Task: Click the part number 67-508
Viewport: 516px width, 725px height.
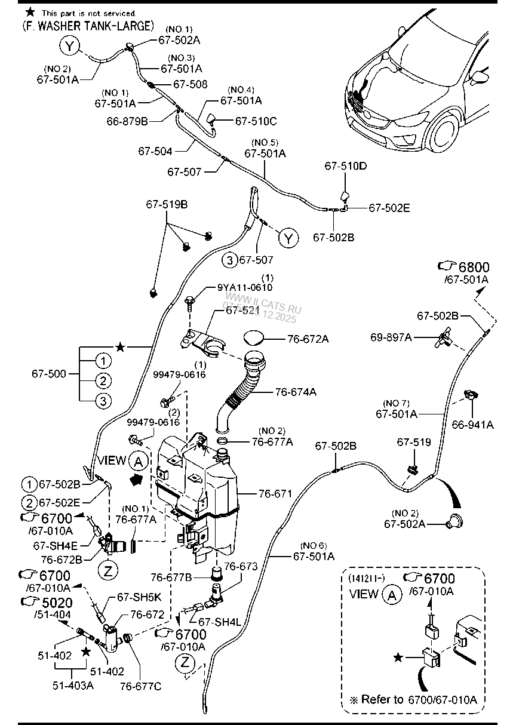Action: point(191,84)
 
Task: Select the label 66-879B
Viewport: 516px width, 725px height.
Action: point(127,120)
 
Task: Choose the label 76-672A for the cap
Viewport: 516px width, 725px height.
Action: point(308,339)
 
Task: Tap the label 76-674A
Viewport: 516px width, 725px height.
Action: point(296,392)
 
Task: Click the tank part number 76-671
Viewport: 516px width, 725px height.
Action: point(275,494)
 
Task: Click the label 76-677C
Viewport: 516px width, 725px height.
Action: point(140,686)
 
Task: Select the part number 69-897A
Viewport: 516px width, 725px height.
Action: point(408,337)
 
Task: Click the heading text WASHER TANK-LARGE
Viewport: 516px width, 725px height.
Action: point(93,26)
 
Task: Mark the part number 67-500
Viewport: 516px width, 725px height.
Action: point(48,374)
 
